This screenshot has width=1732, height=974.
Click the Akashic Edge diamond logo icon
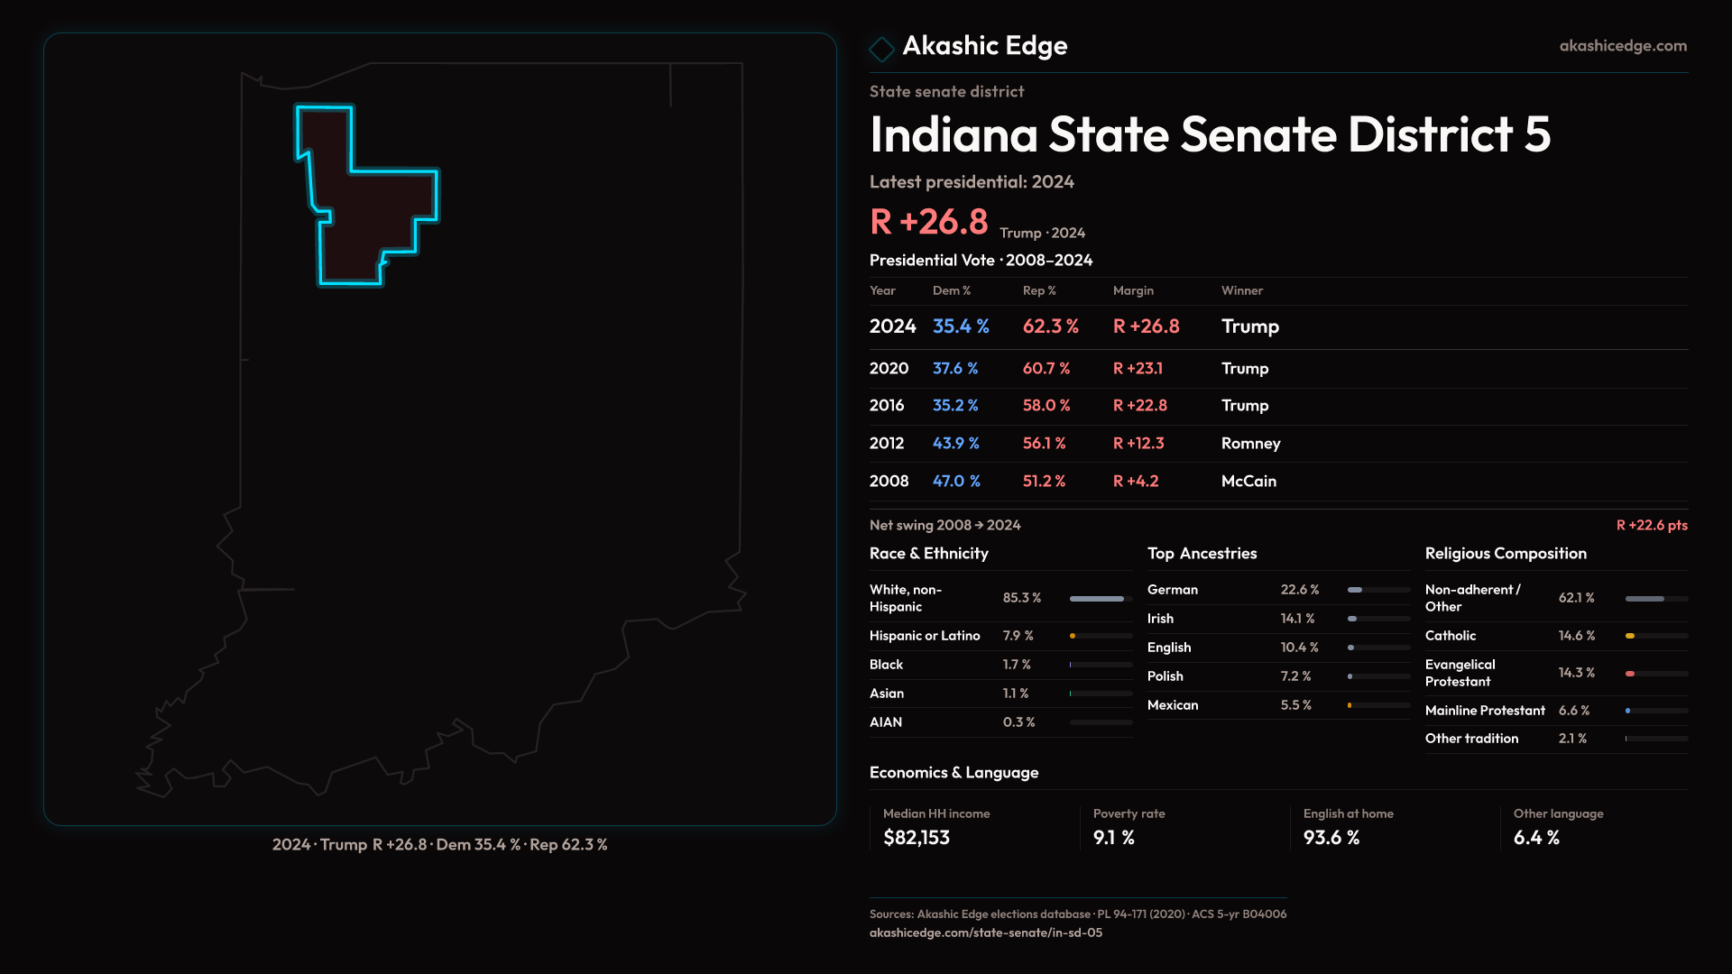coord(881,49)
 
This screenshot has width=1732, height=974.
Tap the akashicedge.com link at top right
coord(1622,46)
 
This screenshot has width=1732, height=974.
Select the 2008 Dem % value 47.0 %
coord(955,482)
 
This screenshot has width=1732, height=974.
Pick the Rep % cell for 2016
coord(1046,406)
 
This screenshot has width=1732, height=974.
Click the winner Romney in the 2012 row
coord(1250,444)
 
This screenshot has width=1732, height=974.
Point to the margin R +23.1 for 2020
coord(1138,369)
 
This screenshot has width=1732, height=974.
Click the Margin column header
coord(1133,290)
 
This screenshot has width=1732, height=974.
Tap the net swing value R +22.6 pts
coord(1651,525)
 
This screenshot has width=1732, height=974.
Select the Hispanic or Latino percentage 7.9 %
coord(1018,636)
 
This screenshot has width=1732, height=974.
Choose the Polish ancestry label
coord(1165,676)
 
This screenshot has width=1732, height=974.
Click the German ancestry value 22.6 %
coord(1299,590)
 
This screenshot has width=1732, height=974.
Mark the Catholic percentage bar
coord(1655,636)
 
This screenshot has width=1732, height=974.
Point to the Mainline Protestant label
coord(1484,711)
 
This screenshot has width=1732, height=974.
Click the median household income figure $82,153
coord(916,838)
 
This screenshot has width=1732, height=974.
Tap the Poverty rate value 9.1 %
coord(1113,838)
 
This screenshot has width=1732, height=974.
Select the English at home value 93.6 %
coord(1331,838)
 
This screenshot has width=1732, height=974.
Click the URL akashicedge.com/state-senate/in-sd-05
coord(985,933)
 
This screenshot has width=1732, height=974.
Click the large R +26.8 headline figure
coord(928,222)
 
